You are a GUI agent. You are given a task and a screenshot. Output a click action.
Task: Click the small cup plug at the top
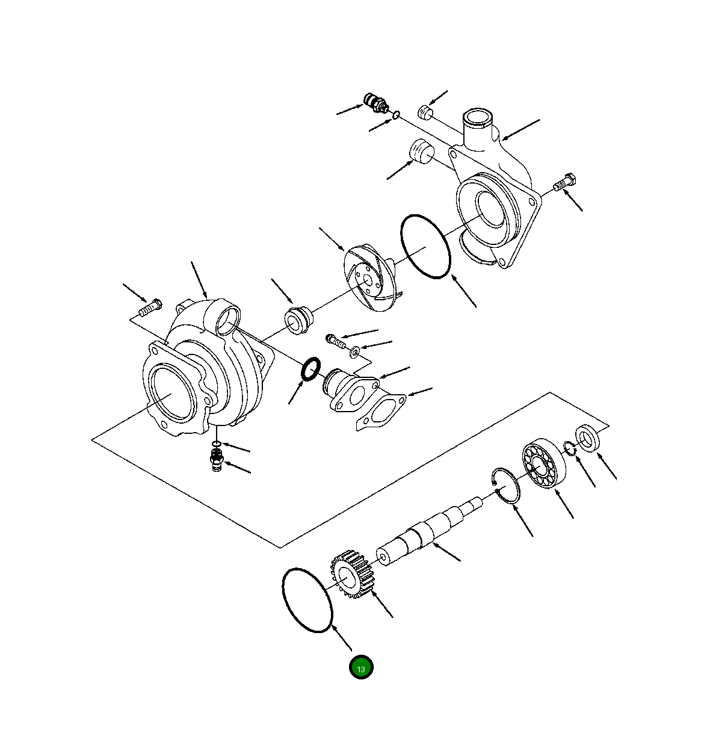[426, 112]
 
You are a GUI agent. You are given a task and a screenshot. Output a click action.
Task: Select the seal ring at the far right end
[588, 437]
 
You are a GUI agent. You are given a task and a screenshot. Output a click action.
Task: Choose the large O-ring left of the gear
[307, 599]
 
